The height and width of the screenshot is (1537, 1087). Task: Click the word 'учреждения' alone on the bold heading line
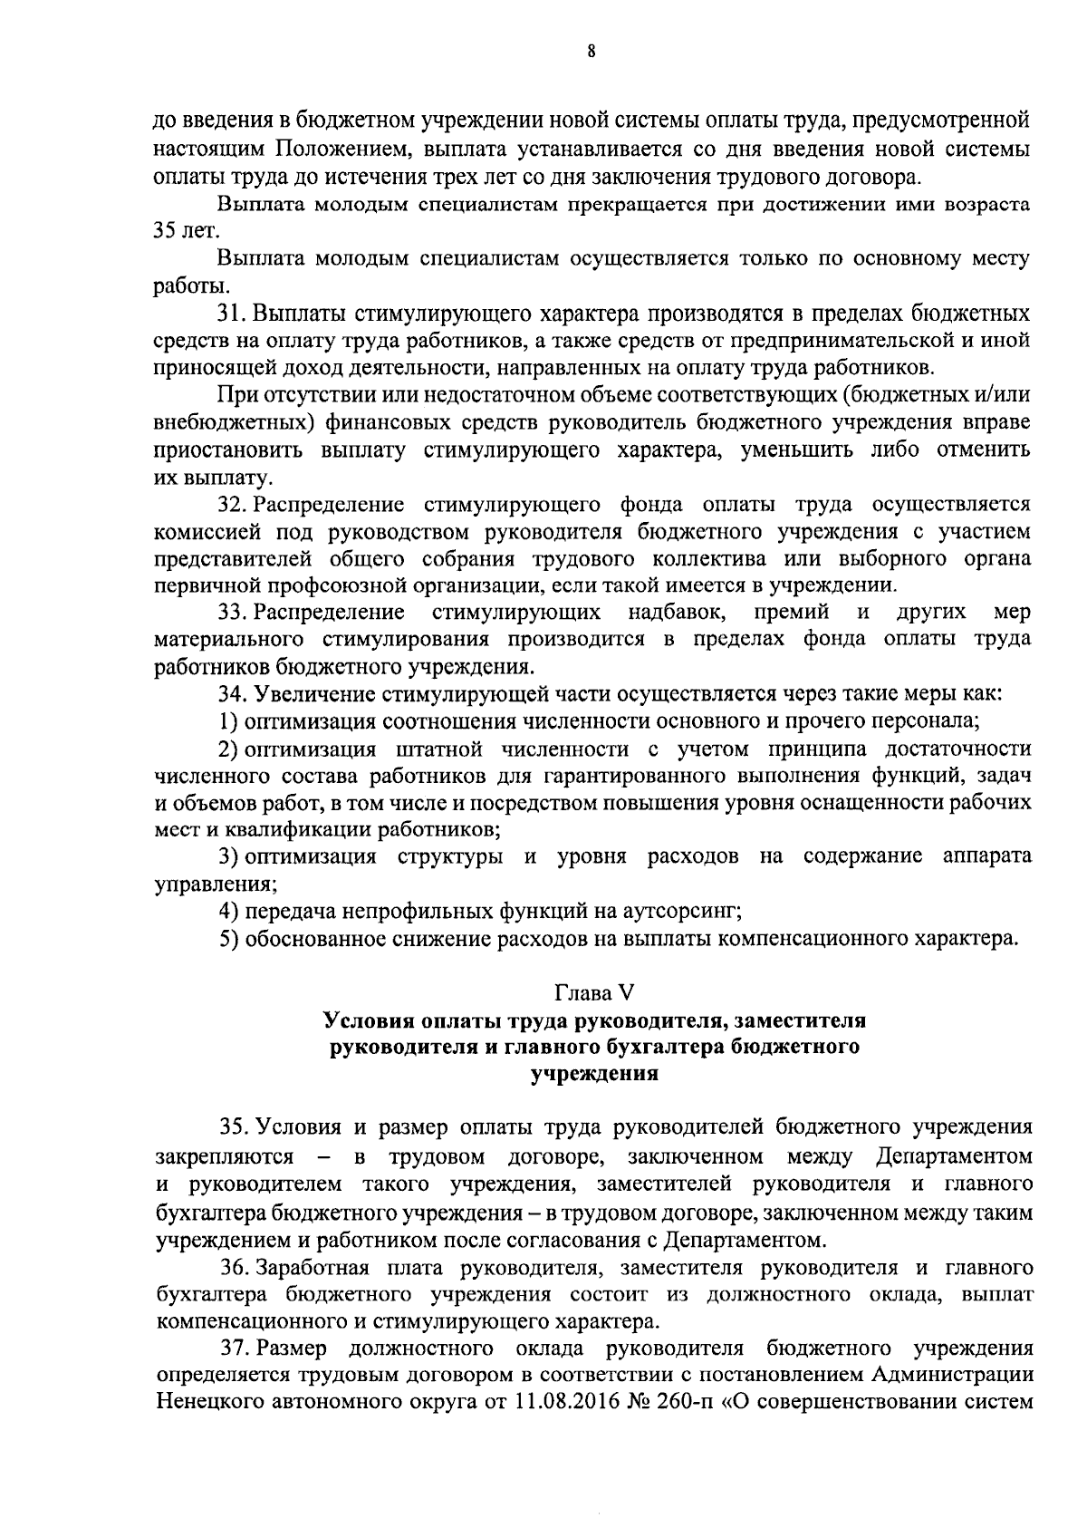(592, 1074)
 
